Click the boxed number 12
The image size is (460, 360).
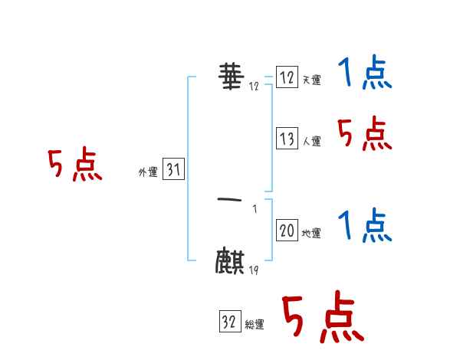[287, 78]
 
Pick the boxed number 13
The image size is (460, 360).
[287, 139]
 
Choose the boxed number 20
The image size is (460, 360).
[287, 231]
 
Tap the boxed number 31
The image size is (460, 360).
[173, 171]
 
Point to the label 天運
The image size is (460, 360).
[311, 80]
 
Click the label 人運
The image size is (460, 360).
[311, 141]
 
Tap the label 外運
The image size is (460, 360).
[148, 173]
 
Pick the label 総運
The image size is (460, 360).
[255, 325]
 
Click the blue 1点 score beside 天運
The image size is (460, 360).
[364, 74]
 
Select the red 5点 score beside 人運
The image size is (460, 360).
[364, 135]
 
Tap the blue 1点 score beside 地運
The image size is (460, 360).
[364, 227]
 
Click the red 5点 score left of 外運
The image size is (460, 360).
[74, 165]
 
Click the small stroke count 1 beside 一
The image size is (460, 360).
[255, 208]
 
